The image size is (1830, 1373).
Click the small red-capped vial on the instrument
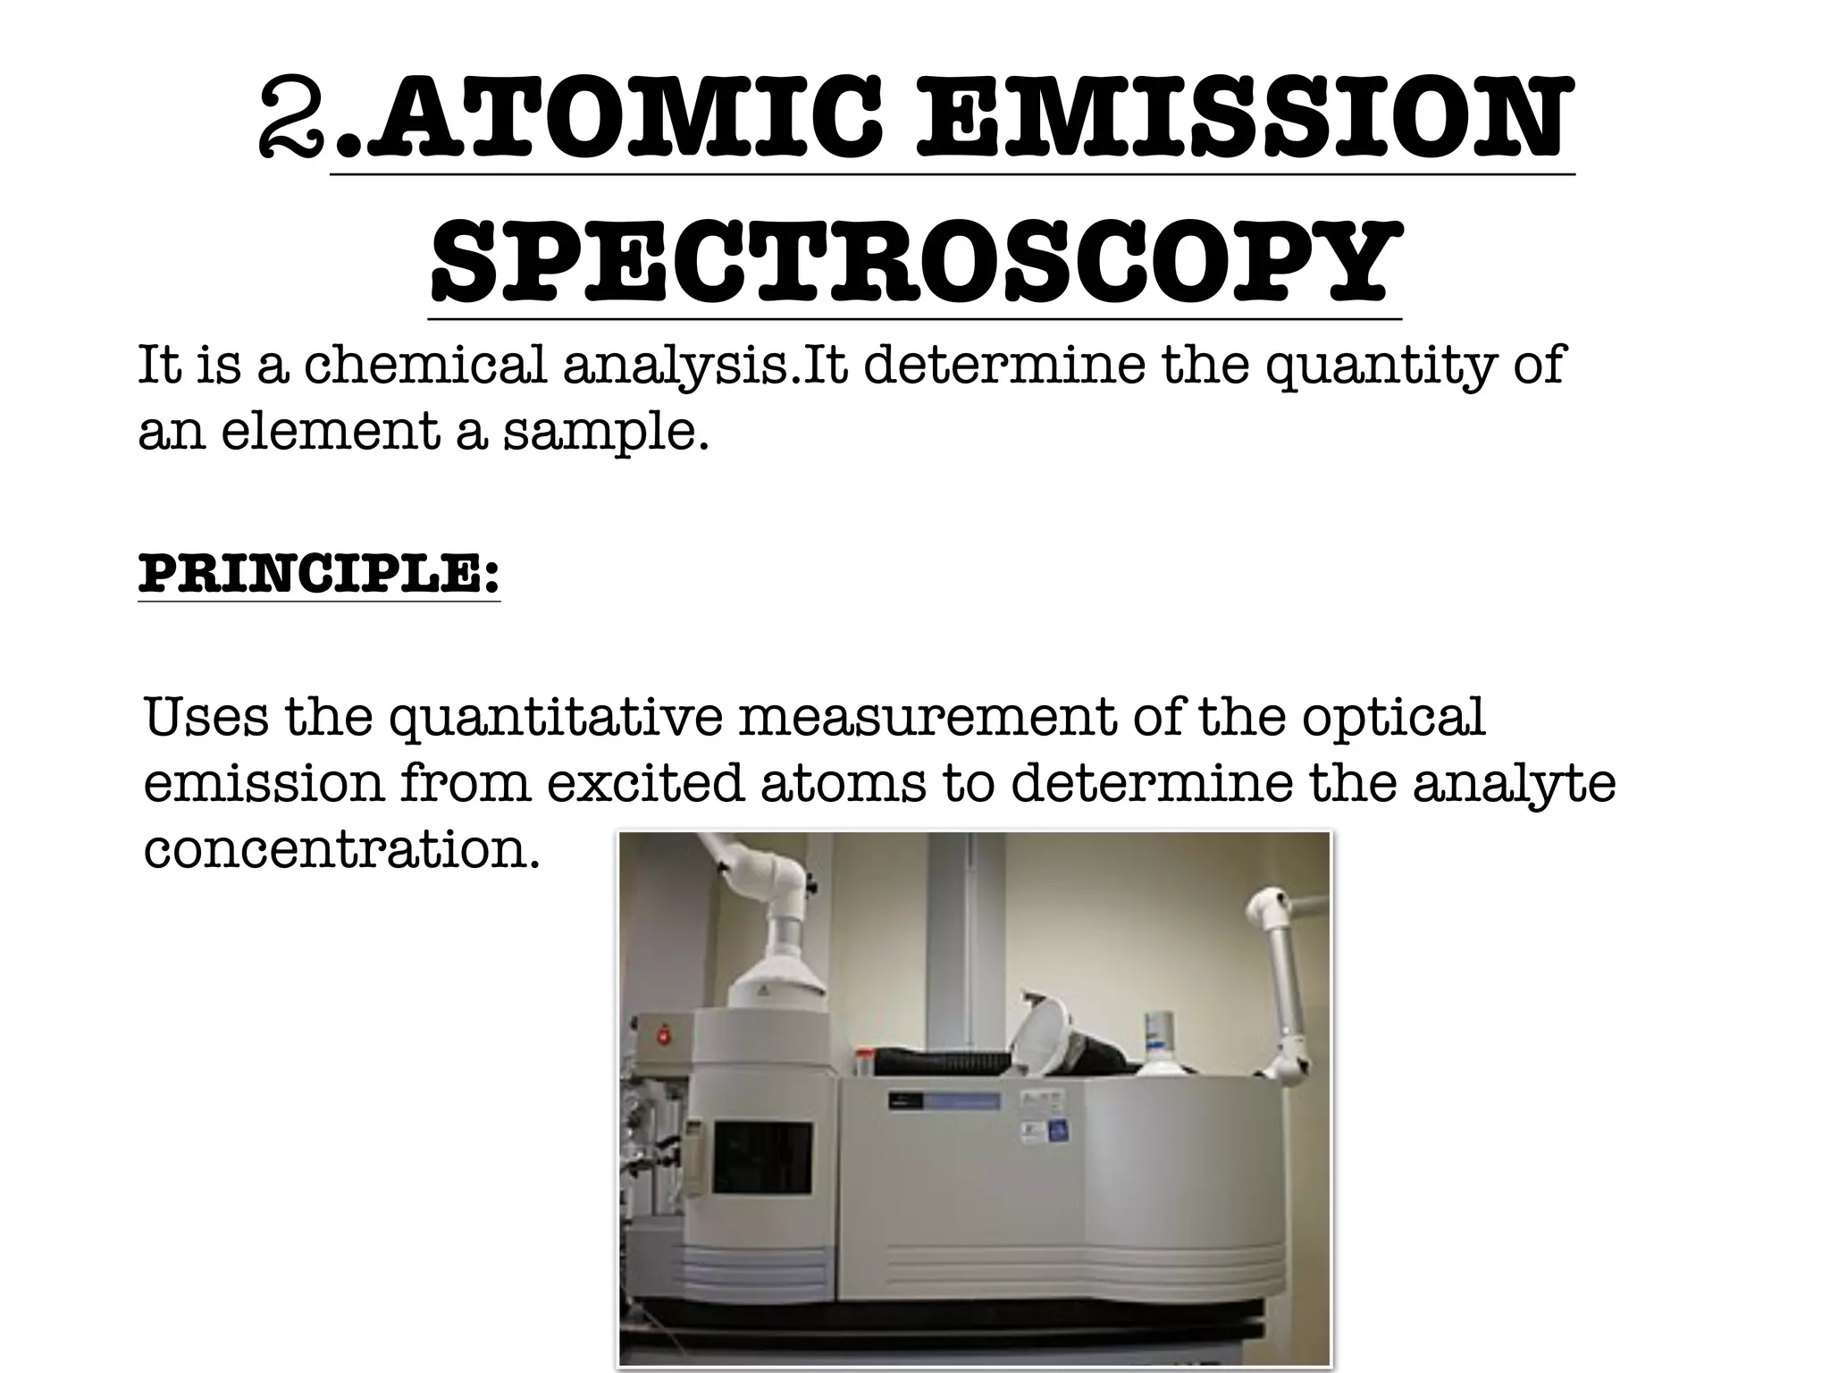(x=864, y=1063)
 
